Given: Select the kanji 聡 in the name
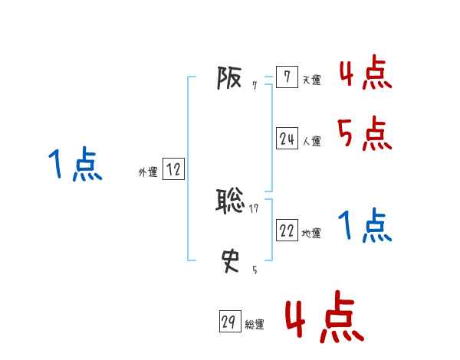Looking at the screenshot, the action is (231, 201).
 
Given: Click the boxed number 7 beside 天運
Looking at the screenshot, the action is (287, 77).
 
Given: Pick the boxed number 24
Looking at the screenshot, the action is (287, 139).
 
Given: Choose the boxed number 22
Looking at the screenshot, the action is (287, 231).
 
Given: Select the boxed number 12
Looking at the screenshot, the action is (173, 170).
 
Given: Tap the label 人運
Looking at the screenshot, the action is (312, 142).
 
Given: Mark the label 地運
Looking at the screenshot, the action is (312, 234).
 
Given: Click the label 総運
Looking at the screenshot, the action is (255, 326).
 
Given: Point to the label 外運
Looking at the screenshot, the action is (148, 173).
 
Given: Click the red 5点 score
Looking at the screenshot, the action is (365, 134).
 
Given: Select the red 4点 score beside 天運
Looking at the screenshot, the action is (365, 73).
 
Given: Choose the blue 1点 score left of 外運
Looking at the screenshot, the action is (74, 165).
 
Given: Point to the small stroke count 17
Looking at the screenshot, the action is (255, 208).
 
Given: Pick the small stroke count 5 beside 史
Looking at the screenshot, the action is (255, 269).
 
